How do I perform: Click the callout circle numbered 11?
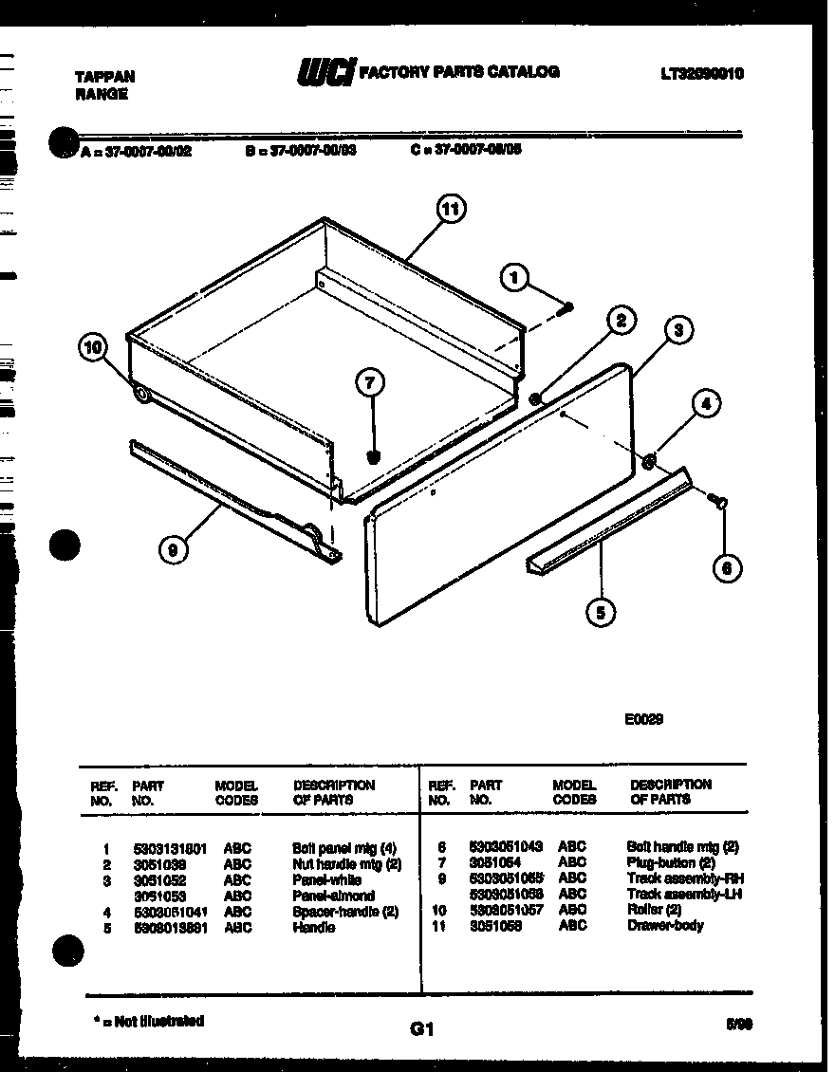pos(451,209)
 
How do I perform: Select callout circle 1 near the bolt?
pos(513,277)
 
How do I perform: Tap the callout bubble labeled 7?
pos(370,383)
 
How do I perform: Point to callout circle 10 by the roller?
pos(93,348)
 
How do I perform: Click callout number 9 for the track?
pos(172,547)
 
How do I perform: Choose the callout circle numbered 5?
pos(600,612)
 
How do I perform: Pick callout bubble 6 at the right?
pos(727,567)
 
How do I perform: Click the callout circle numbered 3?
pos(677,330)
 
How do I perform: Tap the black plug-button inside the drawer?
pos(373,457)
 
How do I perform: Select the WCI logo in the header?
pos(325,72)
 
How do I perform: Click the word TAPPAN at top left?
pos(104,77)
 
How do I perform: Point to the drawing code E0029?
pos(643,719)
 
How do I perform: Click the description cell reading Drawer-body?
pos(665,925)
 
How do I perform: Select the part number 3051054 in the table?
pos(495,862)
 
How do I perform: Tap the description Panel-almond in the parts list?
pos(333,895)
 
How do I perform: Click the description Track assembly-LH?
pos(683,894)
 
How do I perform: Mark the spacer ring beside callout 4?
pos(649,462)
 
